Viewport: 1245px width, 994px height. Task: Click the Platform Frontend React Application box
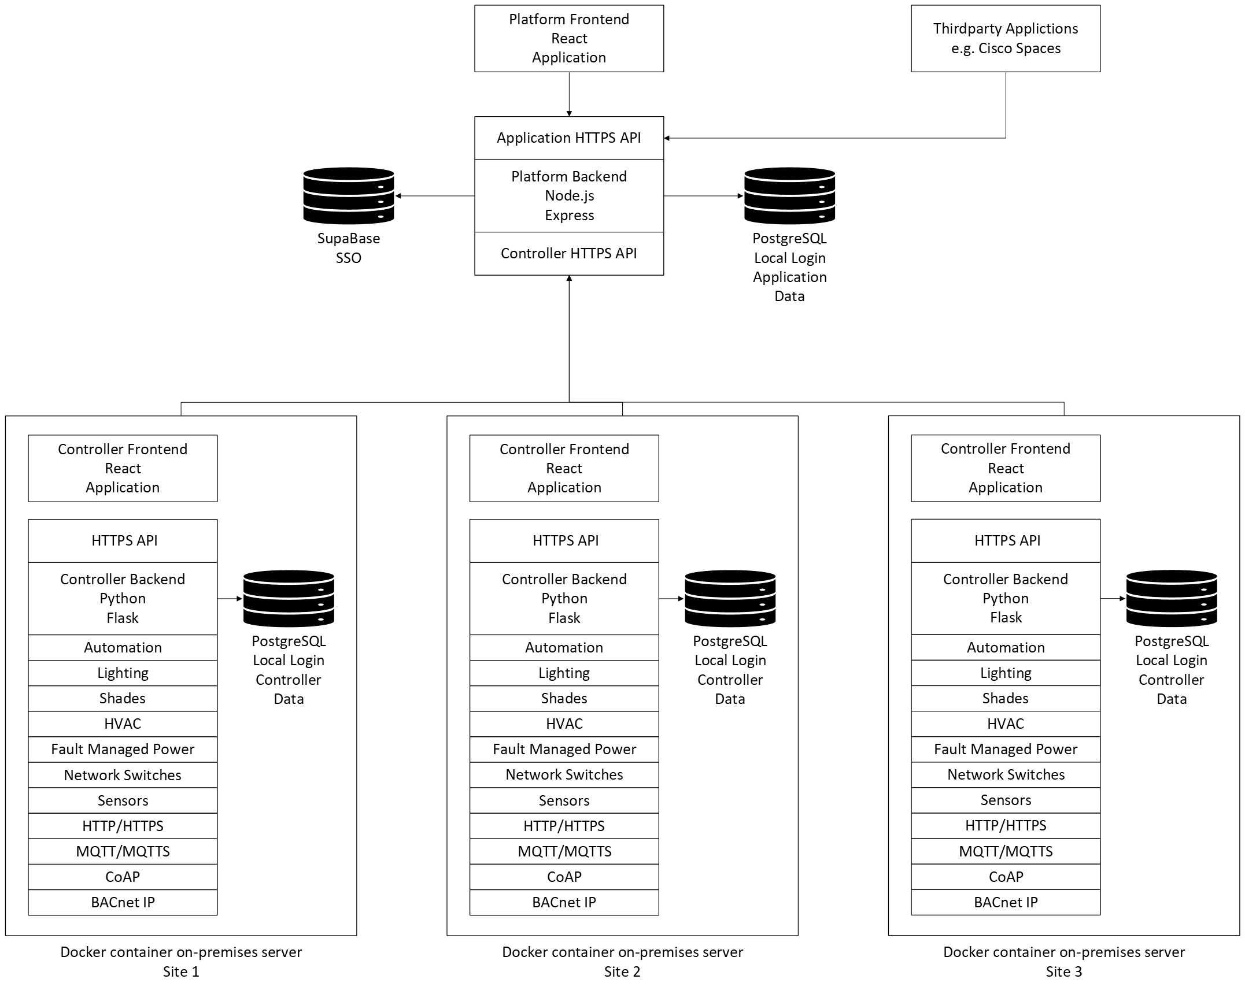[x=568, y=39]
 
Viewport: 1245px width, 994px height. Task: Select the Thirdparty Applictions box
[x=1005, y=39]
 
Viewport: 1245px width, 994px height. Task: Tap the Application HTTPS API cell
[x=568, y=138]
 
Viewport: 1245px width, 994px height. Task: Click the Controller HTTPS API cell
[x=568, y=254]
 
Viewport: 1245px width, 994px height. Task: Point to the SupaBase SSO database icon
[x=348, y=196]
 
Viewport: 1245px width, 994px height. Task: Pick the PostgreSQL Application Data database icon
[x=789, y=196]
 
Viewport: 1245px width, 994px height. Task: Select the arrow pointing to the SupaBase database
[x=434, y=196]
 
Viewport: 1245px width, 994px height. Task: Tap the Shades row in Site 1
[x=123, y=699]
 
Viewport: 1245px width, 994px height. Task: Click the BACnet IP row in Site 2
[x=564, y=903]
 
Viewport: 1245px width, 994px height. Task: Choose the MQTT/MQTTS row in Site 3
[x=1006, y=851]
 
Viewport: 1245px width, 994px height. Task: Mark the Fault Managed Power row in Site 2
[x=564, y=750]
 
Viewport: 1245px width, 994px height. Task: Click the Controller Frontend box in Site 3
[x=1005, y=468]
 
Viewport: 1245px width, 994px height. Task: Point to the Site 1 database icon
[x=289, y=599]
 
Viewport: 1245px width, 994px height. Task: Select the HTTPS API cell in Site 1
[x=123, y=541]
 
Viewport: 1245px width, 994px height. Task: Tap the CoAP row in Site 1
[x=123, y=877]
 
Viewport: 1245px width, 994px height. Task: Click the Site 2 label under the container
[x=622, y=972]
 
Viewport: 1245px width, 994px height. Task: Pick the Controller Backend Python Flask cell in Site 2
[x=564, y=599]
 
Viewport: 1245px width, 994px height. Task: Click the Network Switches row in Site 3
[x=1006, y=775]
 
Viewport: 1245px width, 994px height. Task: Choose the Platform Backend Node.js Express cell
[x=568, y=196]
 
